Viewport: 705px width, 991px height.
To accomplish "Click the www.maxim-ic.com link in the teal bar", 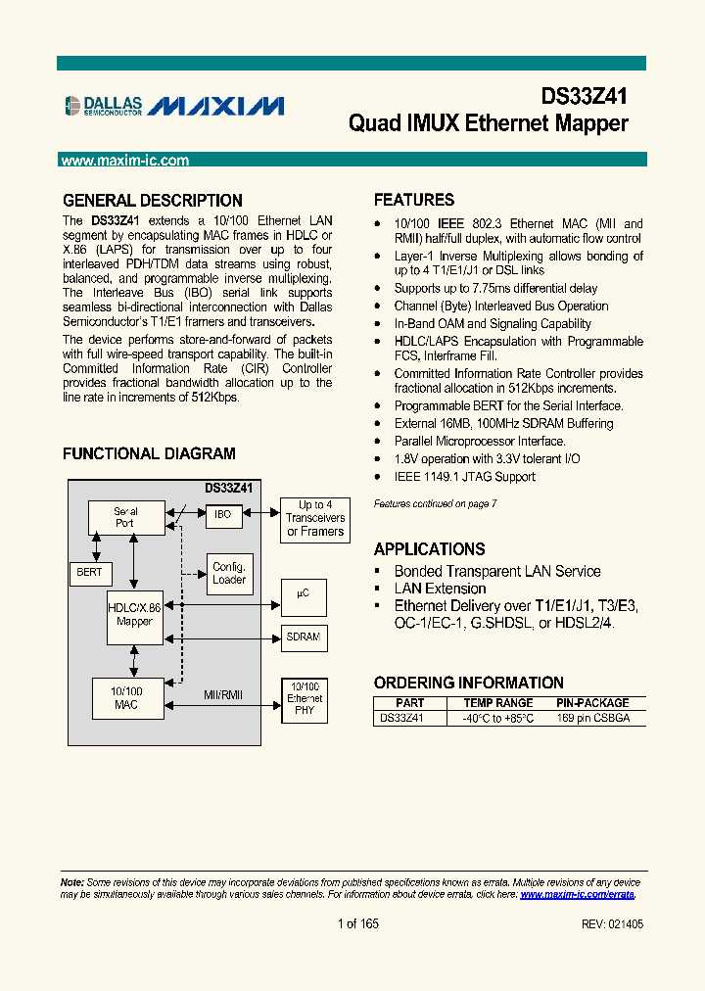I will [x=124, y=161].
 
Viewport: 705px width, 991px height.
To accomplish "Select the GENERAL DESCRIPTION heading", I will [x=152, y=201].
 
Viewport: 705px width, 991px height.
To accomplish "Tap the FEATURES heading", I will [x=414, y=200].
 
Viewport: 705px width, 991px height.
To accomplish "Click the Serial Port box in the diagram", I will [x=126, y=517].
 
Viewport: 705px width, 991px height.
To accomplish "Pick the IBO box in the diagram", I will [x=223, y=514].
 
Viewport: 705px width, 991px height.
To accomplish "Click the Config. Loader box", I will [x=229, y=573].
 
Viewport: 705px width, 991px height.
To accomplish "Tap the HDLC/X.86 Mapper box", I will [x=134, y=614].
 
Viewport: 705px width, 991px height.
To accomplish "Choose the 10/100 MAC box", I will [x=126, y=698].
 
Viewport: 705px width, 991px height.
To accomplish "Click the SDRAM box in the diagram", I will [x=304, y=637].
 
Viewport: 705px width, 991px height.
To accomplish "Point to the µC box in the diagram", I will [x=304, y=594].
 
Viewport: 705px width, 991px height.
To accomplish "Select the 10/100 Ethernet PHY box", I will [x=304, y=700].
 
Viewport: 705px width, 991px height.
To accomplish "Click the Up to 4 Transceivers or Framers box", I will [x=314, y=518].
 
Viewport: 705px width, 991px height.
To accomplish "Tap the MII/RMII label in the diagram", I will [x=222, y=695].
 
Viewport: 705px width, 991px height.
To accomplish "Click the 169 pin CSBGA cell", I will [x=592, y=718].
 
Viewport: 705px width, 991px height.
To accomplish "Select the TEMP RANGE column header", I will [x=497, y=703].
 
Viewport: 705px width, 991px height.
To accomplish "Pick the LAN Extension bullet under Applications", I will [x=440, y=589].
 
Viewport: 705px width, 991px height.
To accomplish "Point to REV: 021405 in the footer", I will [x=612, y=924].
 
